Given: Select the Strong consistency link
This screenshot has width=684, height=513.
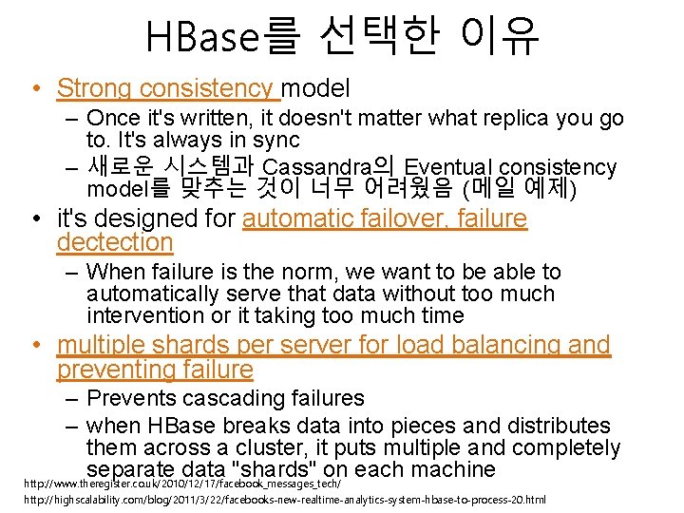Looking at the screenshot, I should tap(168, 88).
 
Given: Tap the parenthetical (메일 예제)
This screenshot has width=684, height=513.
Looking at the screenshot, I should tap(518, 187).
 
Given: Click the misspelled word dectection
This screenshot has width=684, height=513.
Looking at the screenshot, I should tap(115, 243).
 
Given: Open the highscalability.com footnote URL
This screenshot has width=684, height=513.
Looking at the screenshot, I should tap(285, 500).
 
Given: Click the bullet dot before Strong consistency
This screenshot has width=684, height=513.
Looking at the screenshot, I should tap(34, 89).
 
